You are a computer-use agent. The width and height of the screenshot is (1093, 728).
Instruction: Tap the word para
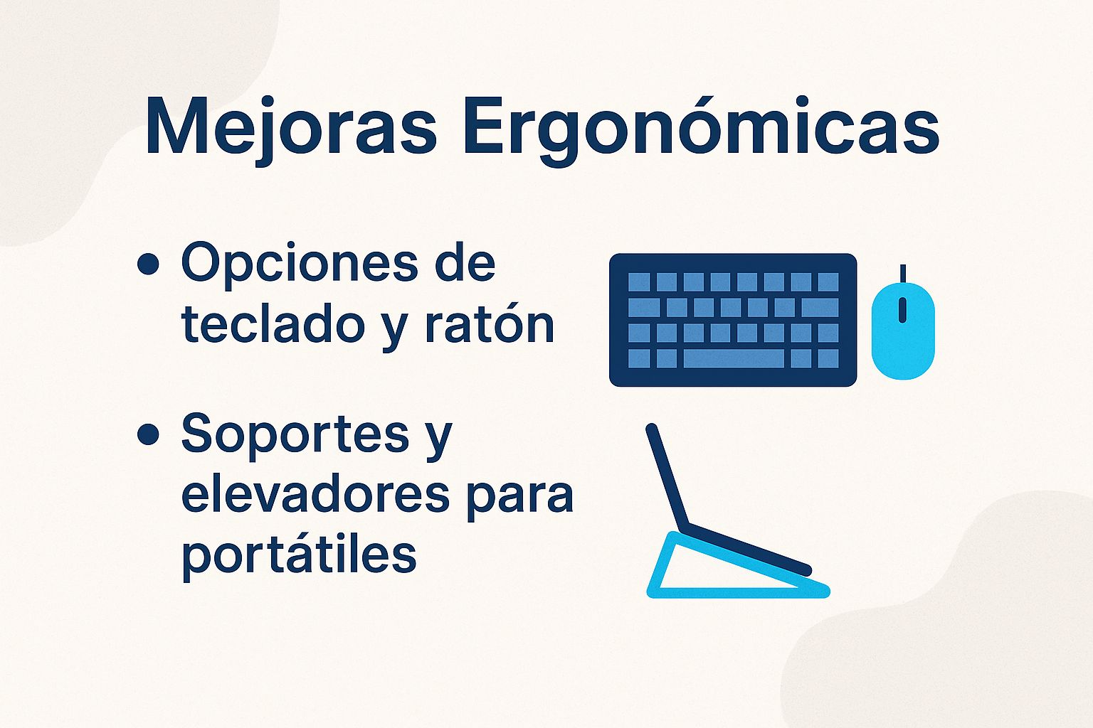point(519,500)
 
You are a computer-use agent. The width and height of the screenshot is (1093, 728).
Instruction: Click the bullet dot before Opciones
point(148,264)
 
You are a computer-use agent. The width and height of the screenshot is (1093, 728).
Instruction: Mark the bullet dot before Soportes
point(148,434)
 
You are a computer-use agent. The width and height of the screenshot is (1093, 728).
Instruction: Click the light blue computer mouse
point(903,330)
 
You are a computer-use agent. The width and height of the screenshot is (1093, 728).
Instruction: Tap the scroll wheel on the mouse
point(903,310)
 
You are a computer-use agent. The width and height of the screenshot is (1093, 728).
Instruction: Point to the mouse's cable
point(903,274)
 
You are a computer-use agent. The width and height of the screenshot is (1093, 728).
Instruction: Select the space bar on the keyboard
point(734,358)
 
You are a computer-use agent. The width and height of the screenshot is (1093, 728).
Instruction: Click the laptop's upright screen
point(667,476)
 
